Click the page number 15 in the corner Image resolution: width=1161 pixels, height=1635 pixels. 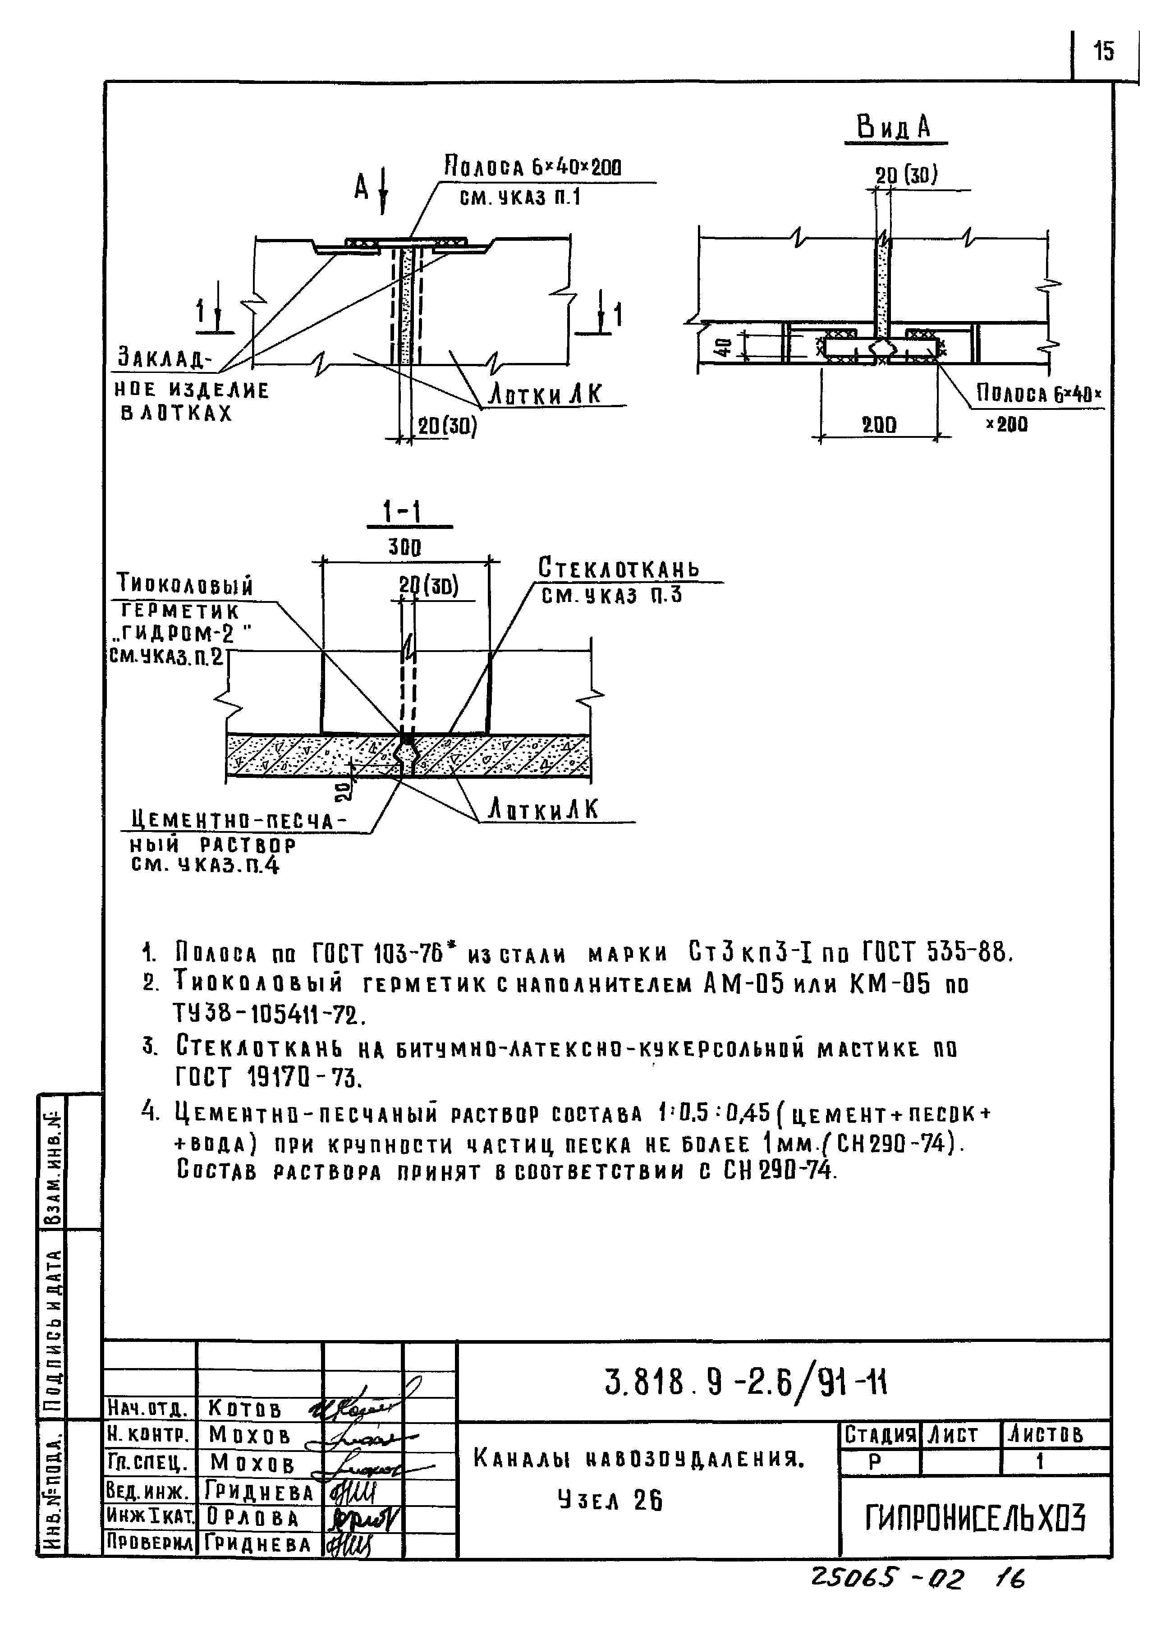[x=1103, y=51]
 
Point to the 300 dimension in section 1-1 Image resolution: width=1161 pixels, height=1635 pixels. [x=404, y=547]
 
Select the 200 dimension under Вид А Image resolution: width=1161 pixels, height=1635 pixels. [x=879, y=425]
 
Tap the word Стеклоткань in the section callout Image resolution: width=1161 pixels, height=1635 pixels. [x=619, y=568]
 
